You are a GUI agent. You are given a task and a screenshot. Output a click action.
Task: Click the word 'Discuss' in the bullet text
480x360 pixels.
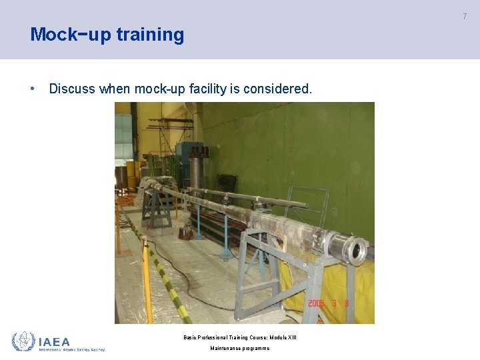pyautogui.click(x=72, y=89)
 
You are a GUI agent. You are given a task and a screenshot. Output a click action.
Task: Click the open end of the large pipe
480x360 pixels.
pyautogui.click(x=357, y=252)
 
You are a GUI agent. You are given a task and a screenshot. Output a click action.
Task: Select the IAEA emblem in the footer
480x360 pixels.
pyautogui.click(x=23, y=342)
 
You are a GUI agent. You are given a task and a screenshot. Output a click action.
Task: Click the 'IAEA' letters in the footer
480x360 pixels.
pyautogui.click(x=55, y=341)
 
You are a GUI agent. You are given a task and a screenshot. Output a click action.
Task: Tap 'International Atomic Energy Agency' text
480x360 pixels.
pyautogui.click(x=72, y=349)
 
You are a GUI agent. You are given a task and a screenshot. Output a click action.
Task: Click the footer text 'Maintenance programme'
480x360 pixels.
pyautogui.click(x=240, y=348)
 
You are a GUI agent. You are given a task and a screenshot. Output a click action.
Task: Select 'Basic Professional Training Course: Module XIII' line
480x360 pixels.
pyautogui.click(x=240, y=337)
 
